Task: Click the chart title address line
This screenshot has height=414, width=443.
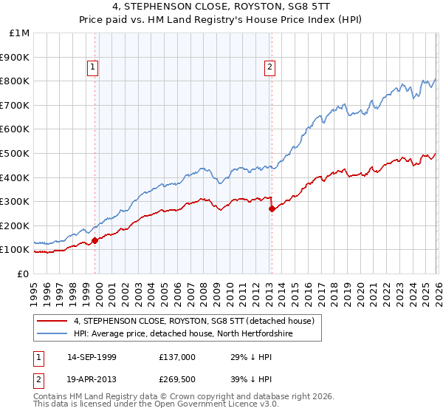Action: [221, 8]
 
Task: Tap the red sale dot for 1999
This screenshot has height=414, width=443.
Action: [95, 240]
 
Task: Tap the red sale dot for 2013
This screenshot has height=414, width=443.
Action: [272, 208]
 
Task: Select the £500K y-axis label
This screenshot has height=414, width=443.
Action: [16, 153]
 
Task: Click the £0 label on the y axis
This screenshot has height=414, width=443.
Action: [23, 274]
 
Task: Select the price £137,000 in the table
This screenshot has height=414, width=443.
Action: [177, 357]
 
